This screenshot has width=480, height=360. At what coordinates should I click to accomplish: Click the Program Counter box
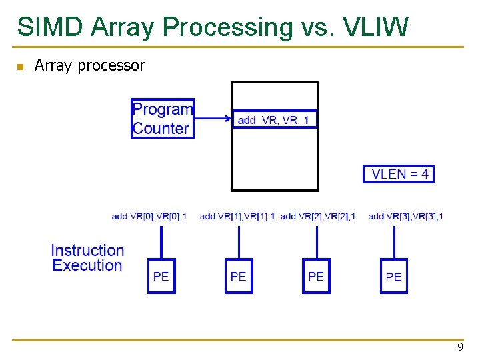tap(162, 118)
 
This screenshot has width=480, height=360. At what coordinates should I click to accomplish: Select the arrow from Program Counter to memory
tap(212, 119)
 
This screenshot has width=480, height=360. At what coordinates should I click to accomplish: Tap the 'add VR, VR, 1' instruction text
tap(273, 120)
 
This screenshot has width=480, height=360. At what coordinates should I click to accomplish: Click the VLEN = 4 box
tap(398, 174)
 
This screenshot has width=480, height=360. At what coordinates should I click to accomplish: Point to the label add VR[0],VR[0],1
tap(149, 216)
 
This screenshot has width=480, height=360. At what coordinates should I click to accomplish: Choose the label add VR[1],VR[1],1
tap(237, 216)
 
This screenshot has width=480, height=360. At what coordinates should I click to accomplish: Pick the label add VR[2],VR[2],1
tap(317, 216)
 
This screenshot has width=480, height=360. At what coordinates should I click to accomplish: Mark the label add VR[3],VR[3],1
tap(405, 216)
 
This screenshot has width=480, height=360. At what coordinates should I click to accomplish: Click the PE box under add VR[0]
tap(161, 276)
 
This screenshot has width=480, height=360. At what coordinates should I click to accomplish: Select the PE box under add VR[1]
tap(239, 276)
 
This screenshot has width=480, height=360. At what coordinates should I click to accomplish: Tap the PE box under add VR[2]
tap(316, 276)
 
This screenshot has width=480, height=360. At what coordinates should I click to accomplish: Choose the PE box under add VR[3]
tap(393, 276)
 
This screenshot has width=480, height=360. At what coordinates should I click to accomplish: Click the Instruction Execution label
tap(87, 258)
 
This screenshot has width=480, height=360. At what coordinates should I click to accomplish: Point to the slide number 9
tap(459, 347)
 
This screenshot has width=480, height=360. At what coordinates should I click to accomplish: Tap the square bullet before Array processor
tap(21, 67)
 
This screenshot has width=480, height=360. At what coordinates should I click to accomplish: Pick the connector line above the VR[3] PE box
tap(394, 242)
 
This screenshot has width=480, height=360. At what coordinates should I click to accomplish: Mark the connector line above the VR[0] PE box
tap(161, 242)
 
